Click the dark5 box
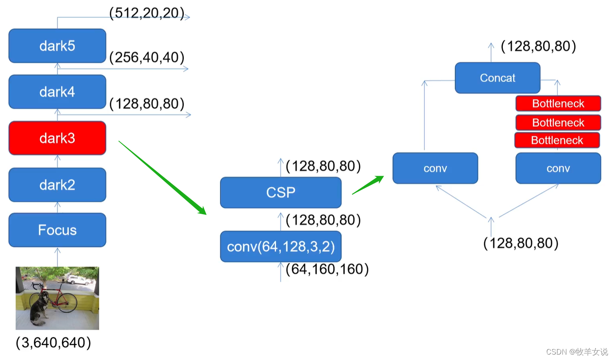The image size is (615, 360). click(x=57, y=46)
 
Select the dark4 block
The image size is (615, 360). click(x=57, y=92)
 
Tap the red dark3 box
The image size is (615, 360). click(x=57, y=138)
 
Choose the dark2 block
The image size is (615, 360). click(x=57, y=185)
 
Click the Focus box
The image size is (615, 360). click(x=57, y=230)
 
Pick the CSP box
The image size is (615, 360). click(x=281, y=192)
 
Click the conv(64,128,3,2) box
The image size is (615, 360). click(x=281, y=247)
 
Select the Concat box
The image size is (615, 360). click(x=497, y=78)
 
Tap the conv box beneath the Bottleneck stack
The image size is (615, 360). click(x=558, y=168)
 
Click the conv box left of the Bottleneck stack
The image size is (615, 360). click(x=435, y=168)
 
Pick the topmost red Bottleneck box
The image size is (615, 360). click(x=558, y=104)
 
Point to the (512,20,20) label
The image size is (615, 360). click(x=147, y=13)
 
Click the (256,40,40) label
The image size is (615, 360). click(x=147, y=58)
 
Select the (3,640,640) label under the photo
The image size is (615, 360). click(x=53, y=343)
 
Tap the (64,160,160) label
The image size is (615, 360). click(x=327, y=269)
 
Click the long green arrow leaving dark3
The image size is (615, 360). click(x=162, y=177)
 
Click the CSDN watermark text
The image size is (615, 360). click(x=577, y=352)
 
